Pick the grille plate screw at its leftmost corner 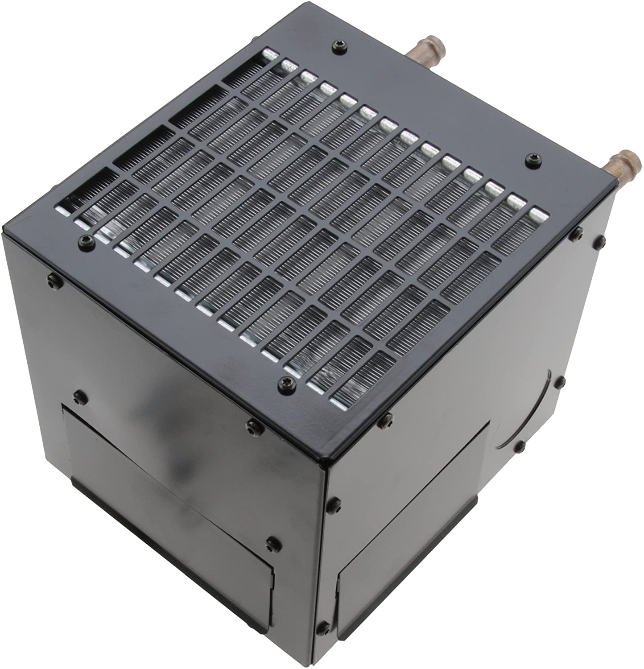click(83, 241)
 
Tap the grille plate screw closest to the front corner click(282, 382)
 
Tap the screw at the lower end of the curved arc click(520, 446)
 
